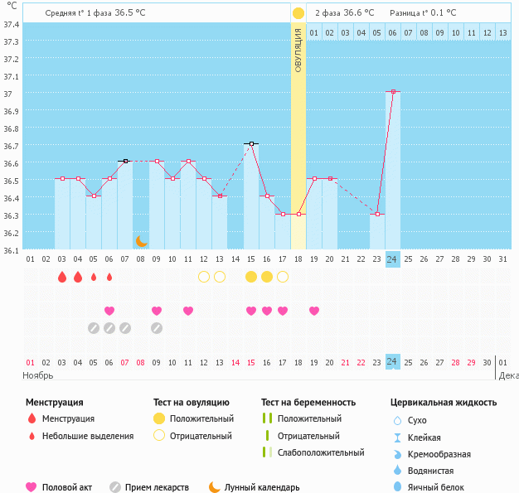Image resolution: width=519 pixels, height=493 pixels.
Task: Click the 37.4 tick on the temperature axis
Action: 12,24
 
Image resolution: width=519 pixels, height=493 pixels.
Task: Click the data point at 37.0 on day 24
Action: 392,91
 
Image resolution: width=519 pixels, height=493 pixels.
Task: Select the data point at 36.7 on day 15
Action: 251,143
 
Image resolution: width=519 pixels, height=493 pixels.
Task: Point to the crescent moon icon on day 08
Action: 141,240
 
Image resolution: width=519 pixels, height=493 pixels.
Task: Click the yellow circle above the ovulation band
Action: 298,13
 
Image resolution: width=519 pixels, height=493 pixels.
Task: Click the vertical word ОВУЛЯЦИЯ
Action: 298,49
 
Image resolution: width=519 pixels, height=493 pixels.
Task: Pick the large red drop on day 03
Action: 62,277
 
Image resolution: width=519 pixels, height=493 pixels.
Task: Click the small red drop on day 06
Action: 109,277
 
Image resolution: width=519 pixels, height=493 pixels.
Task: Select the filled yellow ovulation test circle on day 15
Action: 251,277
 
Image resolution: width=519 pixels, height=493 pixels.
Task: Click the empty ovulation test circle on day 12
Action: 204,277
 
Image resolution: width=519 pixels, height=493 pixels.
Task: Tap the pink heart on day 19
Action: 314,311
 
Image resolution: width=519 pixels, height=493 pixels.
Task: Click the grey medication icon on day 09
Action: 157,327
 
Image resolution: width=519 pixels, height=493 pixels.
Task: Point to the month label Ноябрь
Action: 38,375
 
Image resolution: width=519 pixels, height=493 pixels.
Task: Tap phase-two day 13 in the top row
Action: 502,32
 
